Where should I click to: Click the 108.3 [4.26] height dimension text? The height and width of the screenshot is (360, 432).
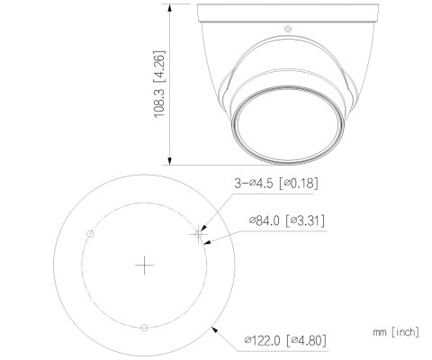[159, 85]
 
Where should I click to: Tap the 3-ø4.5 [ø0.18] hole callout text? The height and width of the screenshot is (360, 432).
[276, 183]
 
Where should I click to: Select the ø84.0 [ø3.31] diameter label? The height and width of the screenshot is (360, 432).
[287, 220]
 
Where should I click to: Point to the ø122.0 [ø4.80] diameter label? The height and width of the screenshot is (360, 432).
[285, 340]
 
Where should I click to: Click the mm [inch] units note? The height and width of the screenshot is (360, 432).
[396, 332]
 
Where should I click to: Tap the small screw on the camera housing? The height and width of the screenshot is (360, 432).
[288, 29]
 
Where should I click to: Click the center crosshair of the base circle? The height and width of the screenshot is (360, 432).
[144, 265]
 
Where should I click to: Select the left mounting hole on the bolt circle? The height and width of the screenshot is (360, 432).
[90, 234]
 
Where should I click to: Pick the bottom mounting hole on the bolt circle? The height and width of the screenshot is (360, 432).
[144, 328]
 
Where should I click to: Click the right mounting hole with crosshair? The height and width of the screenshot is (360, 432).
[198, 234]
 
